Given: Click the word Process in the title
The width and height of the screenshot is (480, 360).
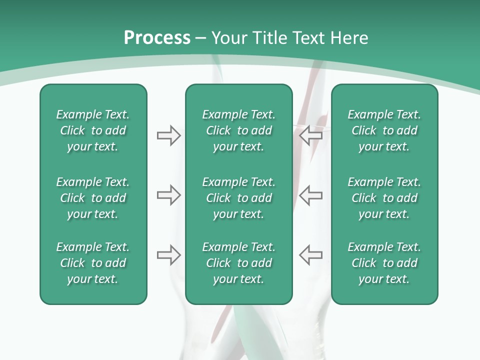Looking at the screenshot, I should pyautogui.click(x=157, y=38).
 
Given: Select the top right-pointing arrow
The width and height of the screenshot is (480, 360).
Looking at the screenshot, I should pyautogui.click(x=168, y=135).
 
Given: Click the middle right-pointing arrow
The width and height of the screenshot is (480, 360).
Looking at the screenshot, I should pyautogui.click(x=168, y=195).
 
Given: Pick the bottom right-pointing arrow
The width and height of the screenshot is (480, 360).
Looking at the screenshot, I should pyautogui.click(x=168, y=254).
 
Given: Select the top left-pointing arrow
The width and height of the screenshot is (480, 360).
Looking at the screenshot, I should pyautogui.click(x=310, y=135).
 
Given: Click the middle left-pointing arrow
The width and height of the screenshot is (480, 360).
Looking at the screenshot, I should pyautogui.click(x=310, y=195).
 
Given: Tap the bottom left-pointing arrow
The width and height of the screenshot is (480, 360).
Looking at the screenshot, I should pyautogui.click(x=310, y=254).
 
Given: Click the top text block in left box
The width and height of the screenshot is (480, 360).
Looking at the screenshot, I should pyautogui.click(x=93, y=130).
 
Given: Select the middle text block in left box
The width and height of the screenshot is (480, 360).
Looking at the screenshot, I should pyautogui.click(x=93, y=198).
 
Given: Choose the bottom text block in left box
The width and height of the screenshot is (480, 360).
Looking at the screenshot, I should pyautogui.click(x=93, y=263).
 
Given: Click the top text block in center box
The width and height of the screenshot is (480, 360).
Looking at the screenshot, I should pyautogui.click(x=238, y=130).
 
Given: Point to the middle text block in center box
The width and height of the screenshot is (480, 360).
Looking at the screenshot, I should pyautogui.click(x=238, y=198).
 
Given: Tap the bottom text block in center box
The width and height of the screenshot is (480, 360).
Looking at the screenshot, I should pyautogui.click(x=238, y=263).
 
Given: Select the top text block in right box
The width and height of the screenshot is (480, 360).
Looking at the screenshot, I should pyautogui.click(x=384, y=130).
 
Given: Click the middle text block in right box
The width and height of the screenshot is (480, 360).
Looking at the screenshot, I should pyautogui.click(x=384, y=198).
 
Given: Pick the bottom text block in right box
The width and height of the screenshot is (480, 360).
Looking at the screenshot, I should pyautogui.click(x=384, y=263).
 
